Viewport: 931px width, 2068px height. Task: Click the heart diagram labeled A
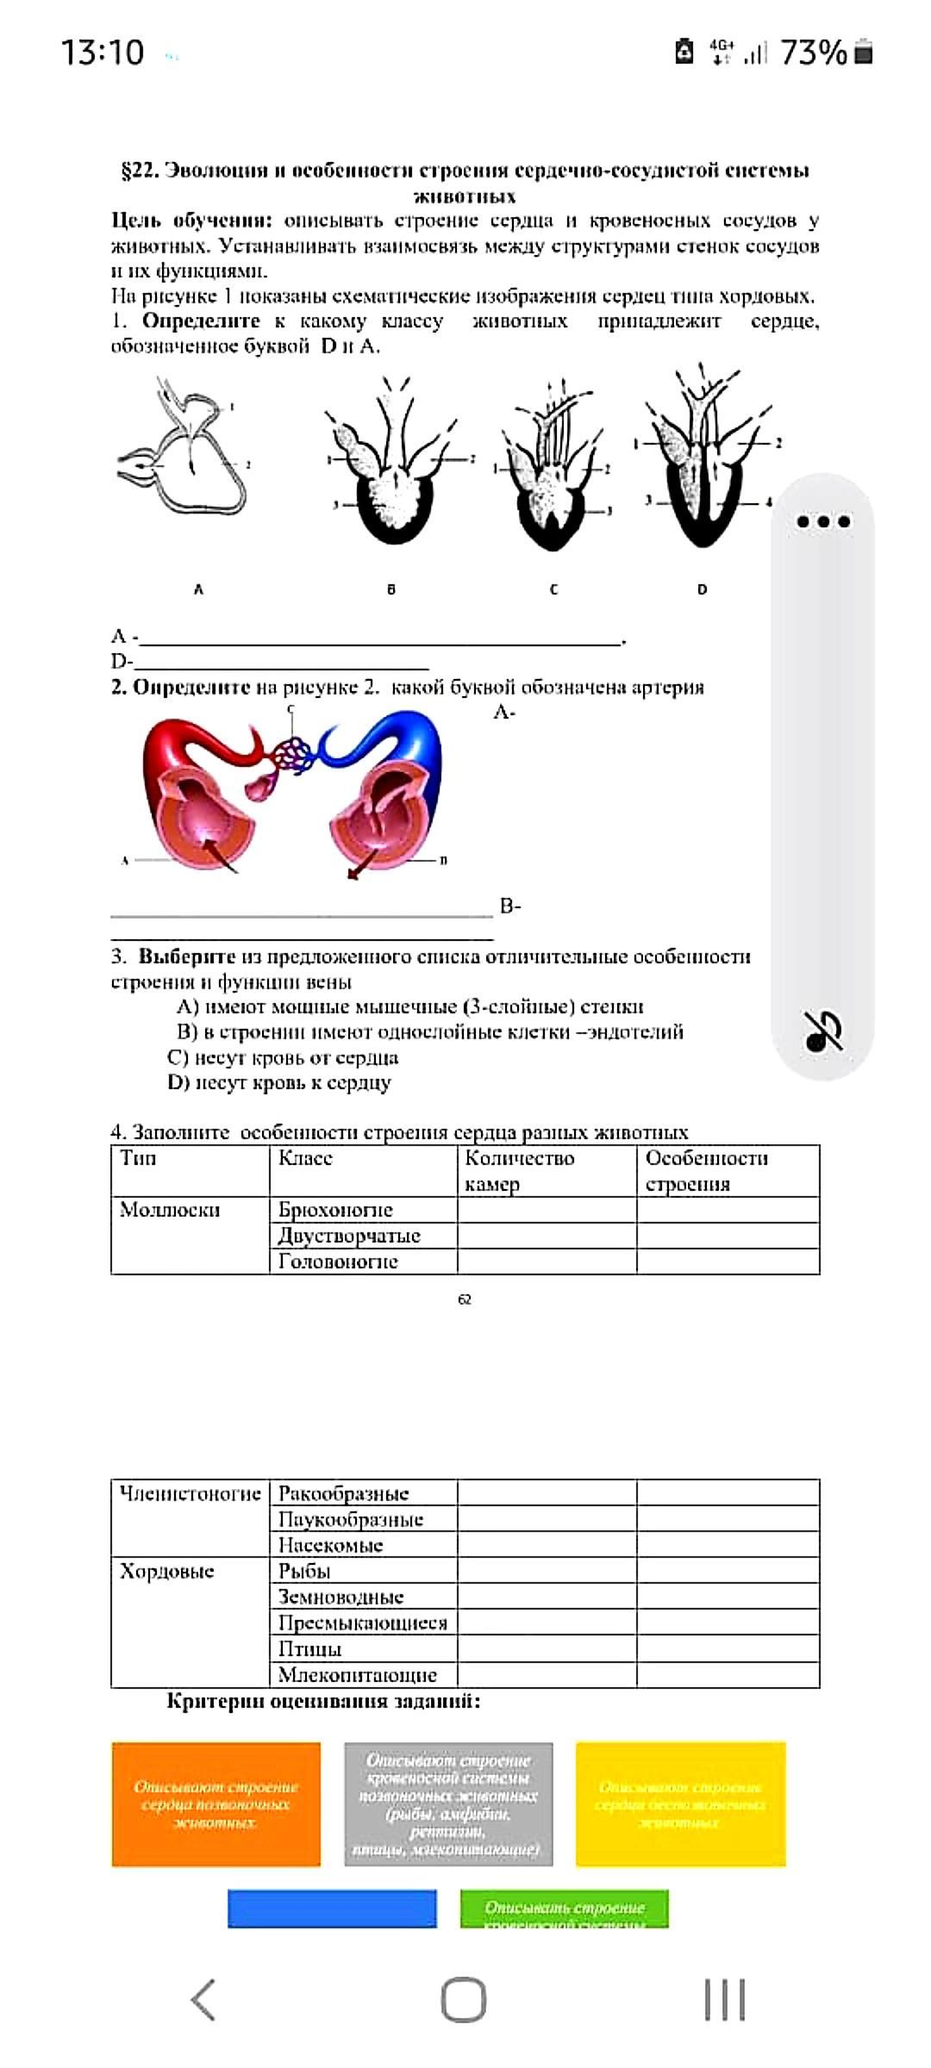tap(183, 457)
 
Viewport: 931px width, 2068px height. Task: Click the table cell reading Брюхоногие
tap(335, 1210)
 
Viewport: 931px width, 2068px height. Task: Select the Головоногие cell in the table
tap(338, 1261)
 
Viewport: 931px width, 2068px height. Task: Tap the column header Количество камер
tap(520, 1170)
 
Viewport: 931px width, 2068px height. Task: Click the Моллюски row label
tap(170, 1210)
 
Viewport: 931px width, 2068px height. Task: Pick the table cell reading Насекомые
tap(330, 1545)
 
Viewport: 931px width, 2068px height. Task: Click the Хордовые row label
tap(167, 1571)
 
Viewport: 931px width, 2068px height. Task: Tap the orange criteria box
tap(216, 1804)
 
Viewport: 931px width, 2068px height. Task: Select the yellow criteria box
tap(680, 1804)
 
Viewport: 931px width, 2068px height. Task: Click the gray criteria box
tap(448, 1804)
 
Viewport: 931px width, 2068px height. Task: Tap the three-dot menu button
tap(824, 521)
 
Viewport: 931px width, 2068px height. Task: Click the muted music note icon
tap(823, 1031)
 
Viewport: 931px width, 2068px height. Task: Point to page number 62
tap(465, 1299)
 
